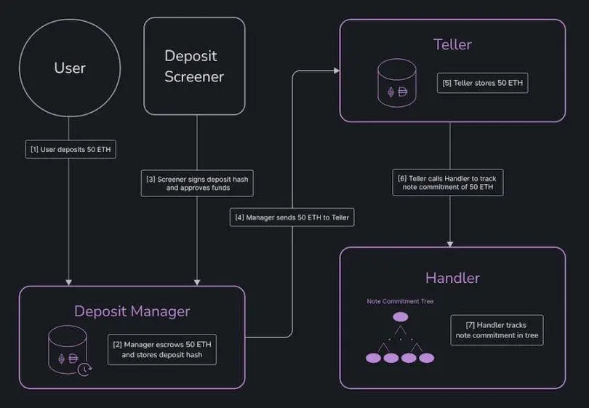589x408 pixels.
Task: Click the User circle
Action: coord(70,68)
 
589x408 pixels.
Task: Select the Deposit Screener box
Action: coord(194,66)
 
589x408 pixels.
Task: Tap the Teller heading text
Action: coord(452,44)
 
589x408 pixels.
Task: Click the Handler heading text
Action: coord(452,278)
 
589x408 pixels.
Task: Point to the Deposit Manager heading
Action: coord(132,311)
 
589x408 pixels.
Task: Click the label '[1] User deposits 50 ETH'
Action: coord(69,150)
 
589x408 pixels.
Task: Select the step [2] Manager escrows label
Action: coord(163,349)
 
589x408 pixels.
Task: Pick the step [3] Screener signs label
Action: coord(197,182)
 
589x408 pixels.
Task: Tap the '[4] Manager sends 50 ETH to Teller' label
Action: coord(292,217)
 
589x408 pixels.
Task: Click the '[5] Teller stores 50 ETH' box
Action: coord(482,83)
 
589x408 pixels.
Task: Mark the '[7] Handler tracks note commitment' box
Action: coord(497,329)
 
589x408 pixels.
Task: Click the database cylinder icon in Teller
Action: coord(397,81)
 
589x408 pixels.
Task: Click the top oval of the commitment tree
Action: coord(400,317)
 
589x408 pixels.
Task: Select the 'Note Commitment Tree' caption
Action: coord(400,301)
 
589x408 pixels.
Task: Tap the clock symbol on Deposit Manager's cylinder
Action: coord(86,368)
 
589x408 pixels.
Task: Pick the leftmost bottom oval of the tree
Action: coord(373,358)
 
